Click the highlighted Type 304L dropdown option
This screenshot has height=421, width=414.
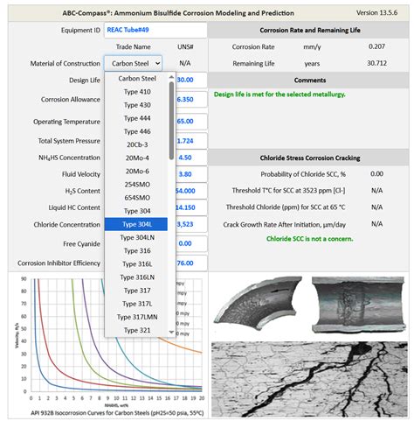pyautogui.click(x=136, y=224)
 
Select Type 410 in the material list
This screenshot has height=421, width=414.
pyautogui.click(x=136, y=91)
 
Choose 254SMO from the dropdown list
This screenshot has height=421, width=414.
pyautogui.click(x=136, y=185)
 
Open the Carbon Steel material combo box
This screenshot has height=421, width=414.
pyautogui.click(x=134, y=63)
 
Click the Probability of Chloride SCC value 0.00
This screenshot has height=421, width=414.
pyautogui.click(x=376, y=173)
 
